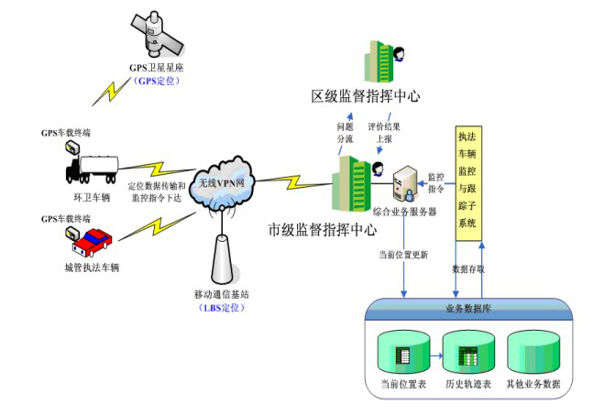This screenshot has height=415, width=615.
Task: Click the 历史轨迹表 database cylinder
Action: click(467, 352)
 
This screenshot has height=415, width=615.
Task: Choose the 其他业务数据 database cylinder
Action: click(532, 352)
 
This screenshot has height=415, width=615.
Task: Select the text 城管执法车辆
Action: click(92, 268)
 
